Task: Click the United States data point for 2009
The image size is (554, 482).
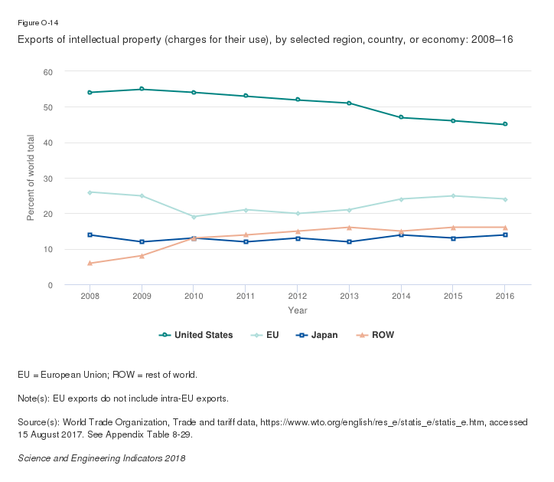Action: (x=142, y=89)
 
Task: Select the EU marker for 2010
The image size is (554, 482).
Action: (x=194, y=217)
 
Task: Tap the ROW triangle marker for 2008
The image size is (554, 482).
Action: (x=90, y=263)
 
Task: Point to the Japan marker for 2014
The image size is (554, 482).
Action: (x=401, y=234)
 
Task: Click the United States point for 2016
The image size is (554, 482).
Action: (x=505, y=124)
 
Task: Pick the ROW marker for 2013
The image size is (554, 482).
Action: (x=349, y=227)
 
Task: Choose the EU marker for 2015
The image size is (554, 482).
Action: (x=453, y=195)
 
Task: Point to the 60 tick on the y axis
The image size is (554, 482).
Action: (x=48, y=71)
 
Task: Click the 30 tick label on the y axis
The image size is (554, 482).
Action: (x=48, y=178)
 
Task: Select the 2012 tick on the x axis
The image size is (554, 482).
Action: (x=298, y=296)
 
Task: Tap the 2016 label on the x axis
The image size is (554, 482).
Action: (x=505, y=296)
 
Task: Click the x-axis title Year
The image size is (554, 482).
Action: (x=298, y=310)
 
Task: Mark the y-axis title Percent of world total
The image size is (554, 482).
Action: (x=31, y=178)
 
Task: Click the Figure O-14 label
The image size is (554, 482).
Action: (x=37, y=22)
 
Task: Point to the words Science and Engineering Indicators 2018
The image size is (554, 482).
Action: (x=101, y=457)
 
